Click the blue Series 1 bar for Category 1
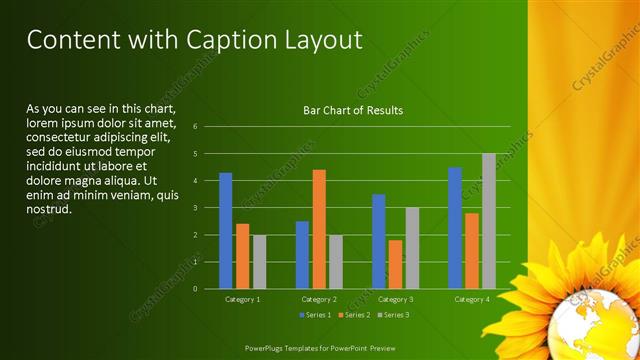[225, 230]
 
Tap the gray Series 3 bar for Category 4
[488, 220]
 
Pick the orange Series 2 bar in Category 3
[395, 264]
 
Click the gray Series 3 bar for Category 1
[259, 261]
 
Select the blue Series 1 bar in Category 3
[378, 241]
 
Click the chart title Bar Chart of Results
[353, 110]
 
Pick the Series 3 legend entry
[393, 315]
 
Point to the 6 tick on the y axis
[195, 126]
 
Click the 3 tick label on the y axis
[195, 207]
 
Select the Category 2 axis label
[319, 299]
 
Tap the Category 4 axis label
[471, 299]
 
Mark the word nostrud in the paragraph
[49, 209]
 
